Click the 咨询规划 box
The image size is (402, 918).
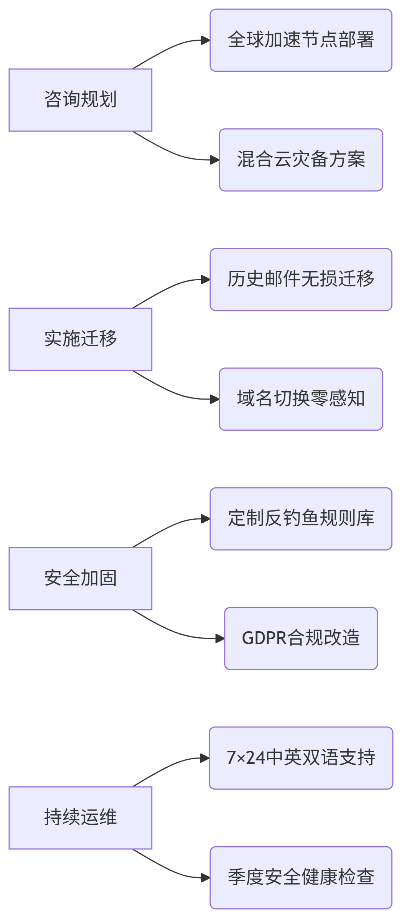pyautogui.click(x=80, y=100)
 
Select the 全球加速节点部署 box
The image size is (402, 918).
pyautogui.click(x=301, y=40)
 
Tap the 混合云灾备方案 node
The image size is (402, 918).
pyautogui.click(x=301, y=160)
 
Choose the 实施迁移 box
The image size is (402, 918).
pyautogui.click(x=80, y=339)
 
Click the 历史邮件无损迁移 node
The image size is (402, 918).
pyautogui.click(x=301, y=280)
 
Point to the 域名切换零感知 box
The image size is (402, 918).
pyautogui.click(x=301, y=399)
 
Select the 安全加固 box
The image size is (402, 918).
pyautogui.click(x=80, y=579)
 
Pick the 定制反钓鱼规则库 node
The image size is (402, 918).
pyautogui.click(x=301, y=519)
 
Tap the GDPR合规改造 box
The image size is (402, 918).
pyautogui.click(x=301, y=638)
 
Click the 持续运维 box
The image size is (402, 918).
pyautogui.click(x=80, y=818)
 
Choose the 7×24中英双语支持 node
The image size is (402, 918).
pyautogui.click(x=301, y=758)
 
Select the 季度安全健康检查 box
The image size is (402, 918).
pyautogui.click(x=301, y=878)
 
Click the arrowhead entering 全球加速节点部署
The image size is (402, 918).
pyautogui.click(x=206, y=40)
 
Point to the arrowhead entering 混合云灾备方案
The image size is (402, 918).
pyautogui.click(x=215, y=160)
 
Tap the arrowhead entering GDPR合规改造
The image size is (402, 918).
pyautogui.click(x=220, y=638)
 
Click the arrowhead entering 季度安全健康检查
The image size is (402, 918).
pyautogui.click(x=206, y=878)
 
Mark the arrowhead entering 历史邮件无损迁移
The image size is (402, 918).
pyautogui.click(x=206, y=280)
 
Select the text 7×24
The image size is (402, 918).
pyautogui.click(x=246, y=758)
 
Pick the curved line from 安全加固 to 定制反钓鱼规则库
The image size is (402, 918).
pyautogui.click(x=169, y=528)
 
